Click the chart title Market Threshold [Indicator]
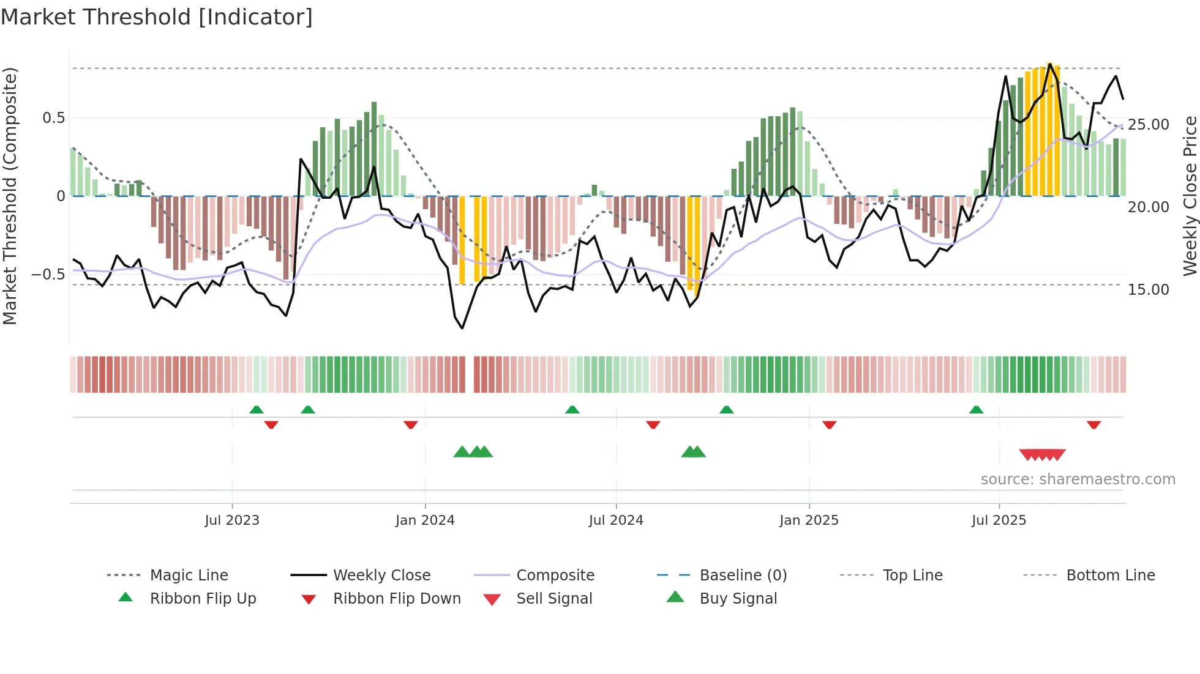click(157, 17)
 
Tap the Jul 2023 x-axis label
click(232, 520)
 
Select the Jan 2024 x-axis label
click(425, 520)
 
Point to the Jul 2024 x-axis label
click(616, 520)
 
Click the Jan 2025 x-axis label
click(809, 520)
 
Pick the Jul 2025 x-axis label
click(999, 520)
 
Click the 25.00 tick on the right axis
click(1149, 125)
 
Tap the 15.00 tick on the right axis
click(1149, 290)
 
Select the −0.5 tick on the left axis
click(48, 275)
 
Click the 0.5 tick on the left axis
click(53, 118)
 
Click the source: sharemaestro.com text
click(1078, 480)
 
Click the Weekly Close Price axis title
click(1190, 196)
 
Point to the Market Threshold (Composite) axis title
click(10, 196)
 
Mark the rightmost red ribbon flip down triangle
click(1093, 424)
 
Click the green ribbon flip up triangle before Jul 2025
click(976, 410)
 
